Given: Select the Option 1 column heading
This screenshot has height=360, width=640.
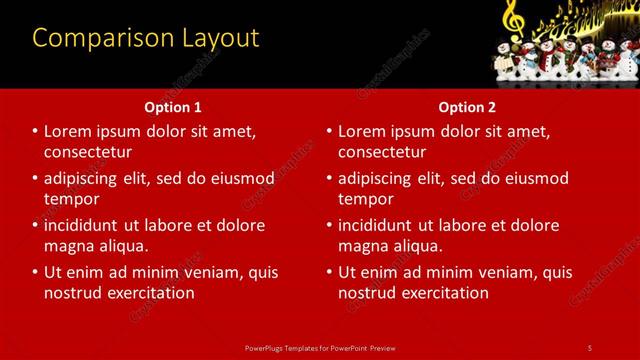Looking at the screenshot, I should click(x=173, y=106).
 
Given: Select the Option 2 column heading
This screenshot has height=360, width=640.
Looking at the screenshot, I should click(x=467, y=106).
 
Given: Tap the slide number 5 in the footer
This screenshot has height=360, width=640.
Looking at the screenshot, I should click(x=589, y=347).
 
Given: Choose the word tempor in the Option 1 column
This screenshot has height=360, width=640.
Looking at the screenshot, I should click(x=70, y=199).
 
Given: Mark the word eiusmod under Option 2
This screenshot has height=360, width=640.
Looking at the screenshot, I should click(x=535, y=178).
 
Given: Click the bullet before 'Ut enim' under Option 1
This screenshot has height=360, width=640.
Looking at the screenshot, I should click(x=36, y=272).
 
